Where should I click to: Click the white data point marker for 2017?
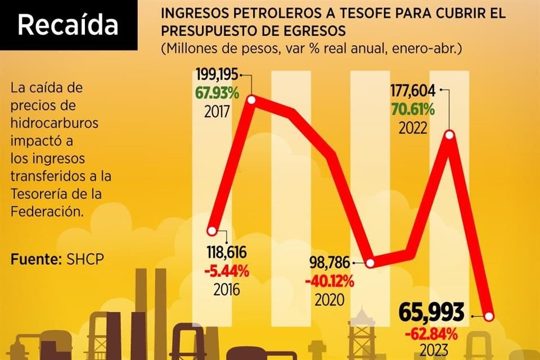pyautogui.click(x=251, y=100)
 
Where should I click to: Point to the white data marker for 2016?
pyautogui.click(x=211, y=231)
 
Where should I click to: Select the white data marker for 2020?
pyautogui.click(x=370, y=263)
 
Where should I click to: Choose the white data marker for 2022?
pyautogui.click(x=449, y=134)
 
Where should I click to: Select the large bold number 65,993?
pyautogui.click(x=431, y=312)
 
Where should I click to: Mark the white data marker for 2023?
pyautogui.click(x=489, y=316)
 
